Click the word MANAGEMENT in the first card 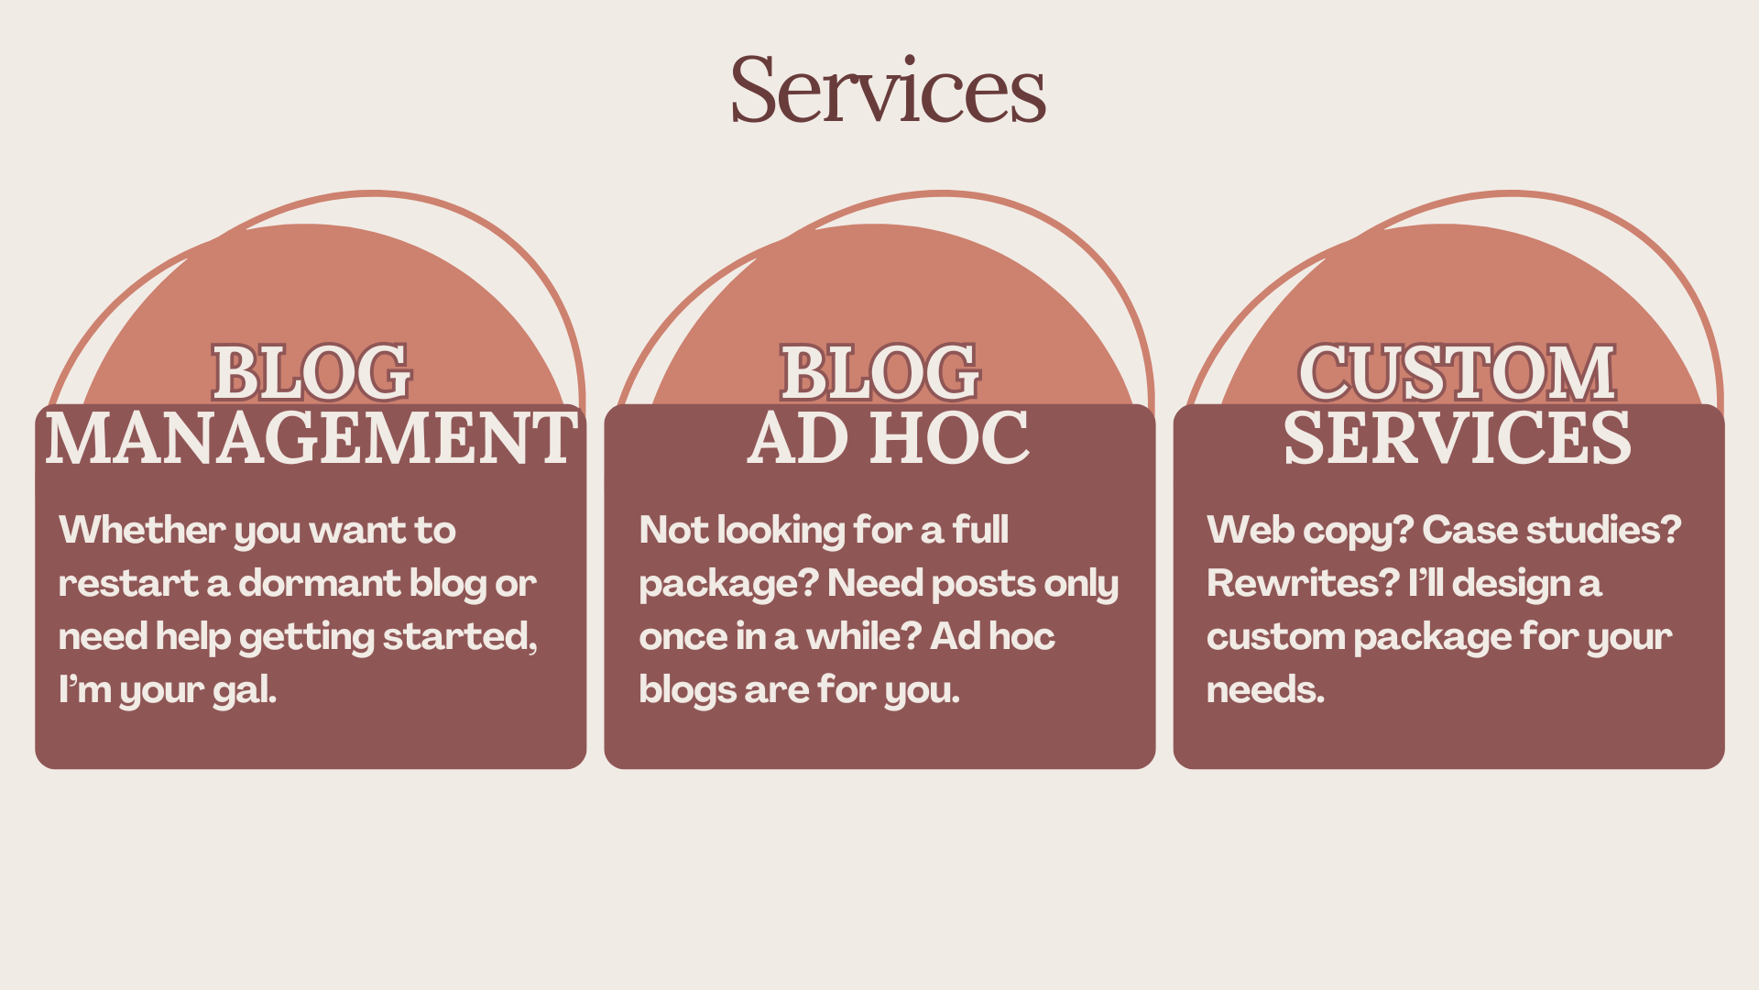point(311,438)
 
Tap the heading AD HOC point(888,438)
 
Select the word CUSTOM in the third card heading point(1457,373)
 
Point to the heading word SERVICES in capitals point(1457,438)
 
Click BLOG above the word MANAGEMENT point(311,373)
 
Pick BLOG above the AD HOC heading point(879,373)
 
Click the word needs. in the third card point(1265,690)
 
